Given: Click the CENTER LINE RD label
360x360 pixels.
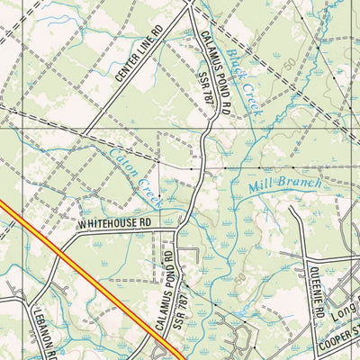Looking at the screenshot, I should coord(139,58).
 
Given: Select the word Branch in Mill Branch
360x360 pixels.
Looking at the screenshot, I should coord(297,179).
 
